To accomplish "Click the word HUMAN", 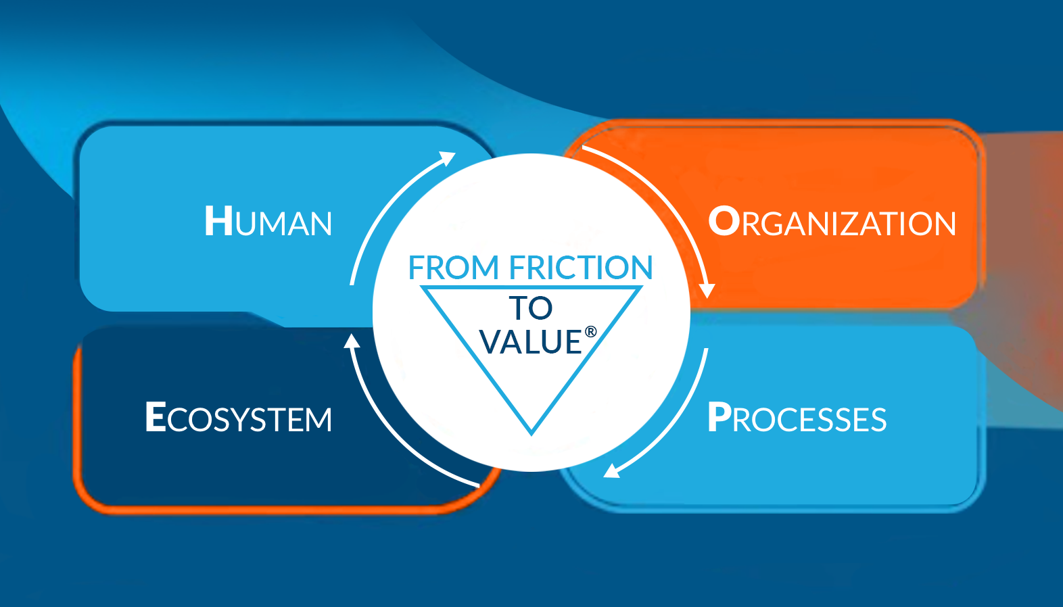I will [268, 222].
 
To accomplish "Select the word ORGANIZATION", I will [832, 222].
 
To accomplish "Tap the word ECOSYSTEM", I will [239, 418].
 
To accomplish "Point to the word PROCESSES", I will [797, 418].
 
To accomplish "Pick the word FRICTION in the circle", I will [581, 268].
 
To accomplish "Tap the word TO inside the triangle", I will [531, 308].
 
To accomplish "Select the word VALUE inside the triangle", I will [531, 342].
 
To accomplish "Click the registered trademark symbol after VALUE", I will [591, 331].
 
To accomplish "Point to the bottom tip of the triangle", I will [531, 431].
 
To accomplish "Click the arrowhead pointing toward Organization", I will [707, 291].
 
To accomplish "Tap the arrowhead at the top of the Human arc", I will [448, 159].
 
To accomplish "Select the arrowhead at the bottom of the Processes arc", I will [612, 470].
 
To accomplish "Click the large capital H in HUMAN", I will [219, 221].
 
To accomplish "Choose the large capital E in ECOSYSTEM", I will [156, 417].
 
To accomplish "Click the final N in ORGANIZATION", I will [942, 224].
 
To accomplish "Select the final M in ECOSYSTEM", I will [316, 420].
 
